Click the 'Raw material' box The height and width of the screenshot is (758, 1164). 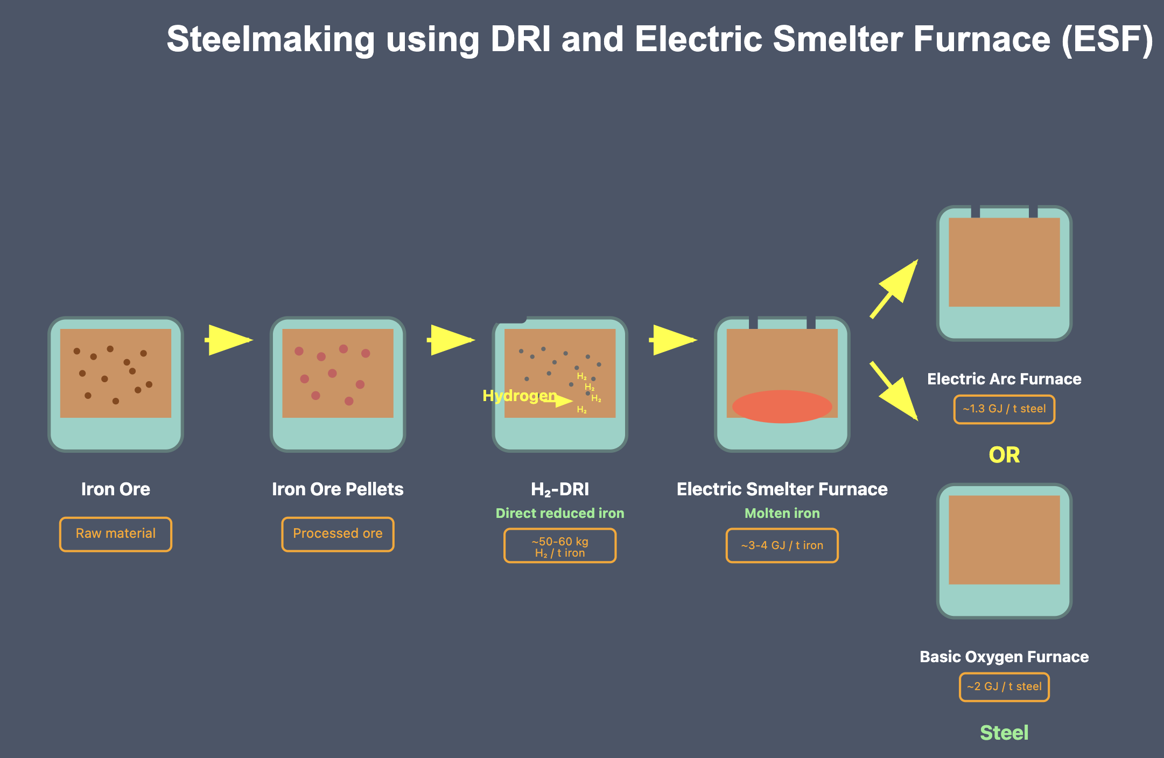[115, 534]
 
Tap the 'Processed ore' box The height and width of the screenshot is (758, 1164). [338, 534]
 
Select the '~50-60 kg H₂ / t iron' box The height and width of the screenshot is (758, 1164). [560, 546]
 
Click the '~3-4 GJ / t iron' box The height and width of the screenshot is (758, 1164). [782, 546]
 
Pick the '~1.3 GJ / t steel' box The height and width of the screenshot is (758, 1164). [1004, 409]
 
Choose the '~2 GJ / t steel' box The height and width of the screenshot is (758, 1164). [1004, 687]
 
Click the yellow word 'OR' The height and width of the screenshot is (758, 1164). [1004, 455]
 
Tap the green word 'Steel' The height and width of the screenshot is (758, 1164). [1004, 733]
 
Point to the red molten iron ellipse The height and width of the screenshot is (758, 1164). [782, 406]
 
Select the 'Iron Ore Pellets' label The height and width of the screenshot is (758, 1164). [338, 489]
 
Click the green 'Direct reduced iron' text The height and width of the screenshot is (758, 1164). [560, 514]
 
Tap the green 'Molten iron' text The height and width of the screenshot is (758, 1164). [782, 514]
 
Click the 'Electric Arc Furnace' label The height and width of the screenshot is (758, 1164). [1004, 380]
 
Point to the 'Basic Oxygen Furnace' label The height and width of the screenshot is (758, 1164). [1004, 657]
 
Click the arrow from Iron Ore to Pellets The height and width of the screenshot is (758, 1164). [229, 340]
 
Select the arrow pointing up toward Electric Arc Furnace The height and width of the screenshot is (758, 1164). [894, 289]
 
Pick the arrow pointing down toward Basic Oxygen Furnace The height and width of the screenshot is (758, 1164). [894, 391]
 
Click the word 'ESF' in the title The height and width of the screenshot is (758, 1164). [1107, 40]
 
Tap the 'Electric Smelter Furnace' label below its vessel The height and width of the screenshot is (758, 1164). [782, 489]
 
